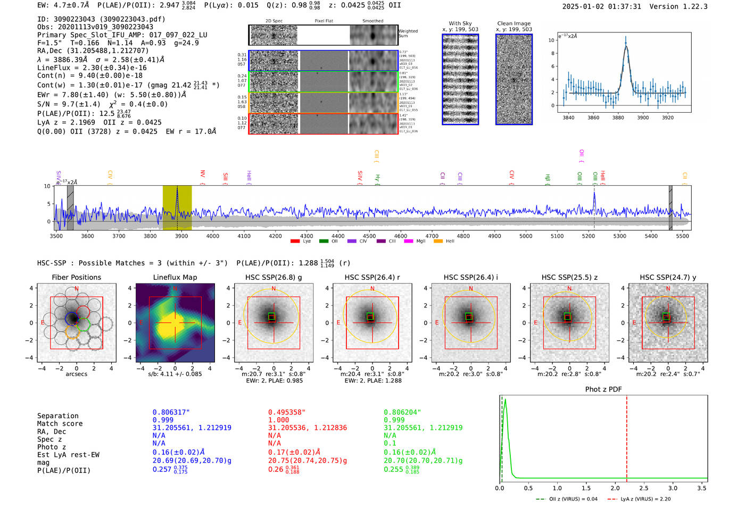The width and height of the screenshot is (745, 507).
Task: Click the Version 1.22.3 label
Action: (x=686, y=6)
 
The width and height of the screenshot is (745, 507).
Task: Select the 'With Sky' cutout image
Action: (x=460, y=79)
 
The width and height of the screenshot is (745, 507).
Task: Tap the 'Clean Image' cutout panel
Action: (x=514, y=79)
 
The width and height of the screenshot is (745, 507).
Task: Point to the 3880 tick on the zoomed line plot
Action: (x=618, y=118)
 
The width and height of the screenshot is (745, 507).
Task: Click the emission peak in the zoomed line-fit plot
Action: (x=625, y=44)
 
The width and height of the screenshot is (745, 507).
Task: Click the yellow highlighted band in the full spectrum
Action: (x=177, y=207)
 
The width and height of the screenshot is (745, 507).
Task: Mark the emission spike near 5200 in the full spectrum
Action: (x=594, y=194)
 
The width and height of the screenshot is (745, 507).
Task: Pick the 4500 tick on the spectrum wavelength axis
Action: (x=369, y=236)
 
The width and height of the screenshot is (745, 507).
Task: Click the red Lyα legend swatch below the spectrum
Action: (x=295, y=242)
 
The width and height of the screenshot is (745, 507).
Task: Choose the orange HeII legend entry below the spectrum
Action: (x=438, y=242)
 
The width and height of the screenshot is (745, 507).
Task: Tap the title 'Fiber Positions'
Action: (x=76, y=277)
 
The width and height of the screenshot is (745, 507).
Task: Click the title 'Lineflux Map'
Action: (x=175, y=277)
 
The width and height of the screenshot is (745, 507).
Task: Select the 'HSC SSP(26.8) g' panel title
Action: (x=274, y=277)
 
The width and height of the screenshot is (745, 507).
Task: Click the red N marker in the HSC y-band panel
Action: (x=668, y=289)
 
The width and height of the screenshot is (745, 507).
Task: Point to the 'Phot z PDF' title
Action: (x=603, y=389)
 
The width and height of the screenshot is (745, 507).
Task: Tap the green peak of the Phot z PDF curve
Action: (x=505, y=400)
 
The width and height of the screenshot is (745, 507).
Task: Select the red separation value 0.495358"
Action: (x=287, y=412)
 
